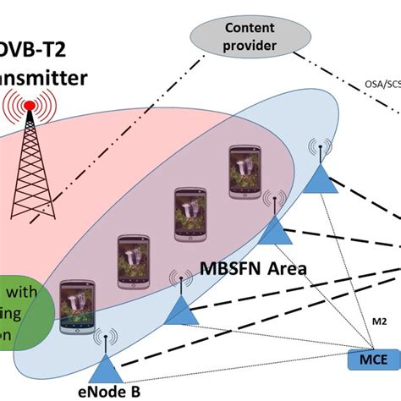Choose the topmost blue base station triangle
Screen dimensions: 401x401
click(x=322, y=180)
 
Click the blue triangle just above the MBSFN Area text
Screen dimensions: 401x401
click(x=275, y=231)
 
